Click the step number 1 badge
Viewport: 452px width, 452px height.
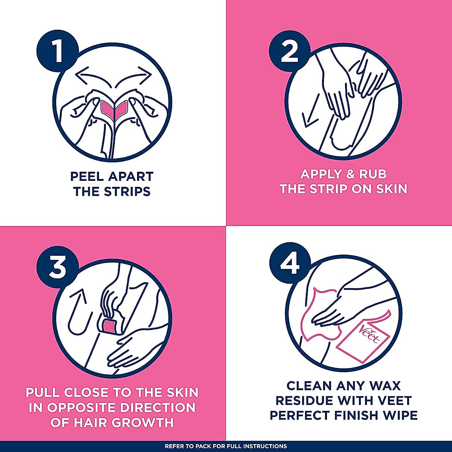tap(57, 52)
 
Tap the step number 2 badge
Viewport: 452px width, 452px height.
tap(289, 52)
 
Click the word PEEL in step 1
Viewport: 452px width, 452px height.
tap(87, 176)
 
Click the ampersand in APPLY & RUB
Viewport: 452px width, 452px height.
tap(343, 174)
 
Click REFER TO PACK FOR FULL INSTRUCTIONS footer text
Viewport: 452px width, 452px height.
tap(226, 446)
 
